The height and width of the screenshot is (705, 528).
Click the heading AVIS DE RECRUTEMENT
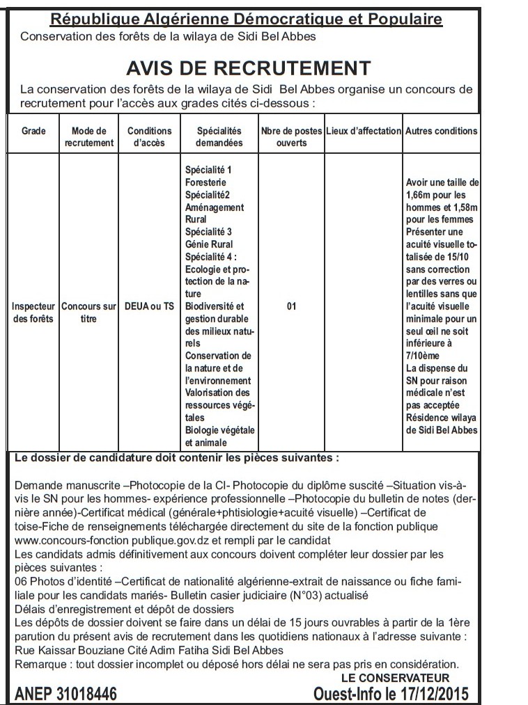coord(248,68)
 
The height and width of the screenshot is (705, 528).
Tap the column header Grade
coord(33,131)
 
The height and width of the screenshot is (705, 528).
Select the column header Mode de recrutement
coord(88,136)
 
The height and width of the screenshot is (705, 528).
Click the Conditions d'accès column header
coord(149,136)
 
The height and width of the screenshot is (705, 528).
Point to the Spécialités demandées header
coord(219,136)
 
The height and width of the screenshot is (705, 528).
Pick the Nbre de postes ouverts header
coord(291,136)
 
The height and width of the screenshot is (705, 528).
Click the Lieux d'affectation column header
coord(364,131)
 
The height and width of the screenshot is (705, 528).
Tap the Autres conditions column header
coord(442,131)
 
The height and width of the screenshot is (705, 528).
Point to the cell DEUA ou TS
coord(149,306)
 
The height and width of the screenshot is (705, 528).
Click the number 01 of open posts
coord(291,306)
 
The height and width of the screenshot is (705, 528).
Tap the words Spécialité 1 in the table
coord(208,170)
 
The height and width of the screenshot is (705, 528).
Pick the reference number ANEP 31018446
coord(66,693)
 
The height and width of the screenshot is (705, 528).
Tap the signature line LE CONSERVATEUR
coord(395,678)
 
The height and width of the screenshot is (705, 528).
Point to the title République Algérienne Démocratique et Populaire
coord(247,19)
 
